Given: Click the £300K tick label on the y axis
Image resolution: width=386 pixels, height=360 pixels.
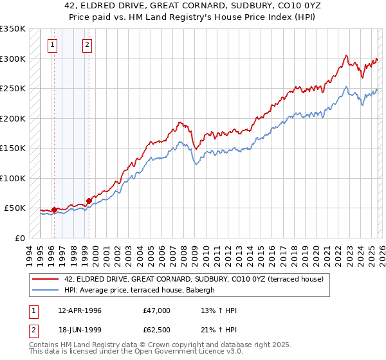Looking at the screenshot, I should [x=12, y=59].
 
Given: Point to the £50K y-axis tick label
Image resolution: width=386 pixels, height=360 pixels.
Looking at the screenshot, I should [x=14, y=208].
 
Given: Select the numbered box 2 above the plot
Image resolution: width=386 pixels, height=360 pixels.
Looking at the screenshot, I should [x=87, y=45].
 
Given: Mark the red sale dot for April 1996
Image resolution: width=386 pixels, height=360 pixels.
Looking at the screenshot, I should [x=55, y=210].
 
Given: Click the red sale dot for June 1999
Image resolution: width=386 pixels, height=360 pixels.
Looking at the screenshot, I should [x=89, y=200].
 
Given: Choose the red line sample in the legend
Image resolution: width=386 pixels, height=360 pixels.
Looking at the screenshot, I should [x=45, y=279].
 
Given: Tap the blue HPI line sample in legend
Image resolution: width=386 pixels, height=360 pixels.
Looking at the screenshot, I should [x=45, y=290].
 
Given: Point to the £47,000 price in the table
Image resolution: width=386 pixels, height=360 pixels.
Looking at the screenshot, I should [x=157, y=310].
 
